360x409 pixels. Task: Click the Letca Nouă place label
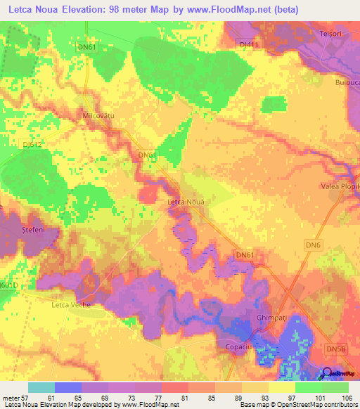point(186,202)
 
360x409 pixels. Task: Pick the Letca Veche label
point(72,305)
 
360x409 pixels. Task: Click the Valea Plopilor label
point(340,186)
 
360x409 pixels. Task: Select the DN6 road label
point(313,244)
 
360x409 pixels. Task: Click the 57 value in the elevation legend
point(28,398)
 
